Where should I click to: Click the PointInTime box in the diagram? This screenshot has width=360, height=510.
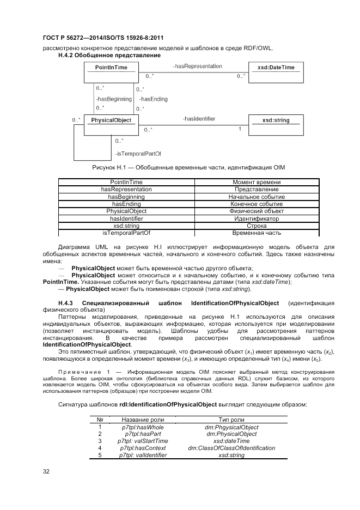click(111, 68)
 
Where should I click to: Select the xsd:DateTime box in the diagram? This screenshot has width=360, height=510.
click(276, 68)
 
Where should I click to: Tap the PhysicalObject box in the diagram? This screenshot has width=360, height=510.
click(111, 120)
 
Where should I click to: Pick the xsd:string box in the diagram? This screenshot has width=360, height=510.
click(276, 120)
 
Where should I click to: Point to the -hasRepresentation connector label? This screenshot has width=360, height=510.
click(197, 66)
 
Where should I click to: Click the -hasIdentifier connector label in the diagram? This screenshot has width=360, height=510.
click(199, 119)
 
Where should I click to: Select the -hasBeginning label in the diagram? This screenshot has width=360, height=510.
click(113, 99)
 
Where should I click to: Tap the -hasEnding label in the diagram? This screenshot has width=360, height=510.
click(153, 99)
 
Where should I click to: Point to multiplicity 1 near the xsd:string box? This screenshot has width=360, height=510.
click(240, 129)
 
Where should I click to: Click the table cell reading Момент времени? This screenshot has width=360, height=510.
click(257, 182)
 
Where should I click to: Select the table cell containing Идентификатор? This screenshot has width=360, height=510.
click(257, 218)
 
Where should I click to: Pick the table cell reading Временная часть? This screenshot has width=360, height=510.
click(257, 233)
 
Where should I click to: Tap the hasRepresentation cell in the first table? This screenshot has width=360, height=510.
click(126, 189)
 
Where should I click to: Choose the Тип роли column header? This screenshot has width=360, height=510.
click(231, 420)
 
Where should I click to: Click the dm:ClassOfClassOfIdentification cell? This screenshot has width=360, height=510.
click(231, 448)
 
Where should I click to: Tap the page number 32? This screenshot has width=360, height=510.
click(46, 471)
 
